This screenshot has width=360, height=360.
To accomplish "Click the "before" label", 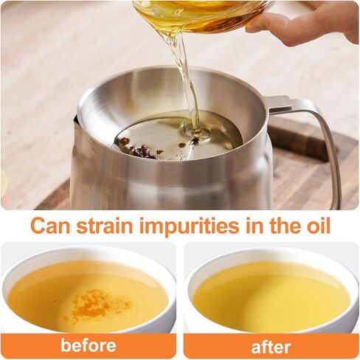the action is coord(89,345).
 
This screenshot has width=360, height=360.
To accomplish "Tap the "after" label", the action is coord(271,347).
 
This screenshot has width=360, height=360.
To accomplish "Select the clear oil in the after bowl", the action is coord(271,295).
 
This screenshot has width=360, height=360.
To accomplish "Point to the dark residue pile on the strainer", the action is coord(140,149).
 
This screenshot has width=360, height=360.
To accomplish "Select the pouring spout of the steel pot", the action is coord(75,120).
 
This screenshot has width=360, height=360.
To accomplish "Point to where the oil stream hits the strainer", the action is coord(195,131).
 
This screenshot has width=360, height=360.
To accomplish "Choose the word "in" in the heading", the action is coord(254,225).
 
